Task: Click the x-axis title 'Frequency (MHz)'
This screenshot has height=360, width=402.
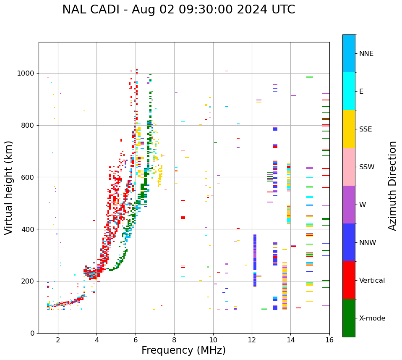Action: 183,350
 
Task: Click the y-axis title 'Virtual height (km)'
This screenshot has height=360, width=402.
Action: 9,188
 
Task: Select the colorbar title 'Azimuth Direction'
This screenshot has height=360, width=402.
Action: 392,186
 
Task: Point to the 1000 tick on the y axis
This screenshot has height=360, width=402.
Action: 26,74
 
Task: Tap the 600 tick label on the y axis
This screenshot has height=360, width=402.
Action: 28,177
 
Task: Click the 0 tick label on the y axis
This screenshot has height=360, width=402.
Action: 32,333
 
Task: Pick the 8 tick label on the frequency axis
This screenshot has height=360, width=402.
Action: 174,340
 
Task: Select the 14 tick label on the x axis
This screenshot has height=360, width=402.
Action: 290,340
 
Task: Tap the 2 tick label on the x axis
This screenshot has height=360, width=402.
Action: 58,340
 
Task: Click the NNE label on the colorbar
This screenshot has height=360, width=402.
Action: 366,54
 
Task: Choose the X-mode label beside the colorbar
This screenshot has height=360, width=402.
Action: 372,318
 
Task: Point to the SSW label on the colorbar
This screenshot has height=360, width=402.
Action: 366,167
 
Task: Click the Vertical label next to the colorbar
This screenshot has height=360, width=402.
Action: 372,281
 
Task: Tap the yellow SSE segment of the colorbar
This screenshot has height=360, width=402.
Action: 349,129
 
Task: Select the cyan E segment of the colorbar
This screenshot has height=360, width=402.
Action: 349,91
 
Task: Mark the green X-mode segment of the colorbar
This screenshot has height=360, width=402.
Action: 349,318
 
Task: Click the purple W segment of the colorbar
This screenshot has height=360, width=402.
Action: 349,205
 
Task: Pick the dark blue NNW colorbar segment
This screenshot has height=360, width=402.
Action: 349,242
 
